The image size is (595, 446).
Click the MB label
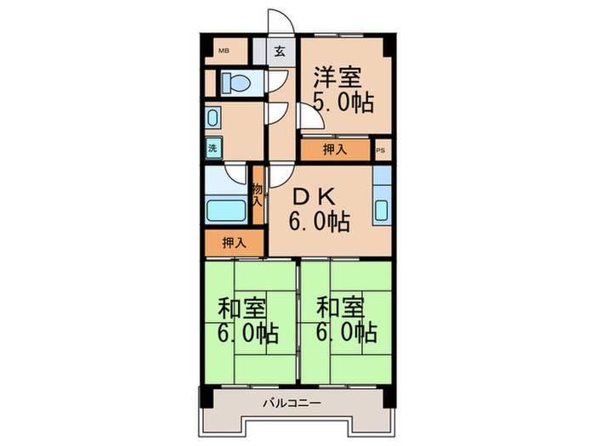[x=224, y=50]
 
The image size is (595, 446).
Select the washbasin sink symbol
[x=212, y=117]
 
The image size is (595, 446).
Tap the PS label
[x=381, y=150]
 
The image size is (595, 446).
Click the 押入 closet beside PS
[x=335, y=150]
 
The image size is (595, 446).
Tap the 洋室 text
[x=338, y=75]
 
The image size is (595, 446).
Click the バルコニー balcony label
[x=291, y=403]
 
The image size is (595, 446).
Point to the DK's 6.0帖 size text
[x=318, y=223]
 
